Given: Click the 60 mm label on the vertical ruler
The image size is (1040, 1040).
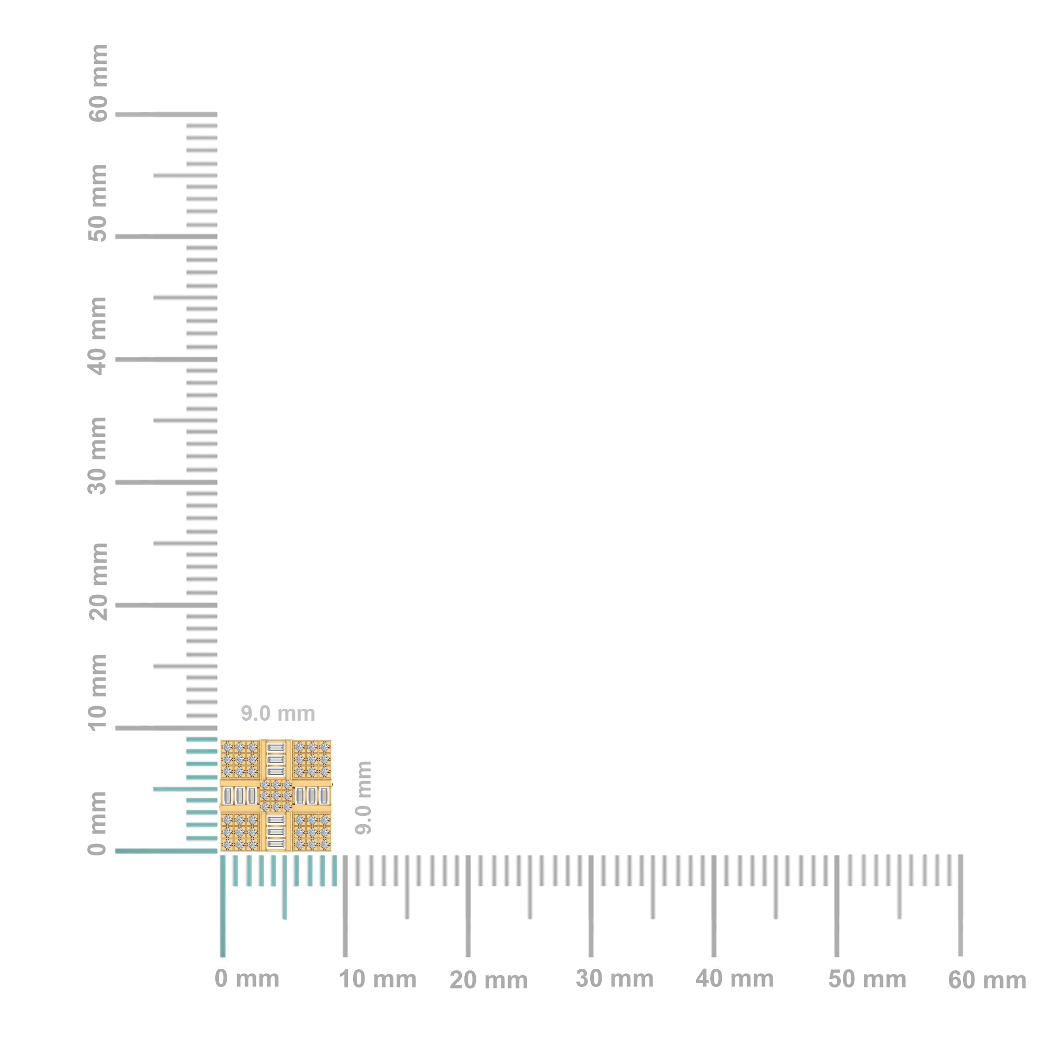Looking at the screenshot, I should (98, 83).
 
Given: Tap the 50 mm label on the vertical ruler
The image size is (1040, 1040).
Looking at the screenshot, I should (98, 203).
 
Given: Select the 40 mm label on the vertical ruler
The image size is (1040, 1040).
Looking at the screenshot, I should (98, 335).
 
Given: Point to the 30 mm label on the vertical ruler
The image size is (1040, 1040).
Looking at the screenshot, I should (98, 456).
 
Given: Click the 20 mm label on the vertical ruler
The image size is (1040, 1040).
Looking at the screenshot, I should (98, 581).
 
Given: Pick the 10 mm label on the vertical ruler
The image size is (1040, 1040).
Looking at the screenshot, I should (98, 692).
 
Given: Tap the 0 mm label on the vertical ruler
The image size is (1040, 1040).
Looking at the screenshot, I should (98, 823).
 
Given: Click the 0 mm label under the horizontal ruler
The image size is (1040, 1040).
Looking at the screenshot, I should (246, 979).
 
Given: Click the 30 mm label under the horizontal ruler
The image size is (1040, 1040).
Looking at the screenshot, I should (614, 979).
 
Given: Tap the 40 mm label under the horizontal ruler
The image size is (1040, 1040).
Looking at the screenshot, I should (734, 979).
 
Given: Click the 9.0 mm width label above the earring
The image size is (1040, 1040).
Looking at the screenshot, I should (278, 714).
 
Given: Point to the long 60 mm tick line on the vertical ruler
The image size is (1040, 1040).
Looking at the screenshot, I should (166, 114).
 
